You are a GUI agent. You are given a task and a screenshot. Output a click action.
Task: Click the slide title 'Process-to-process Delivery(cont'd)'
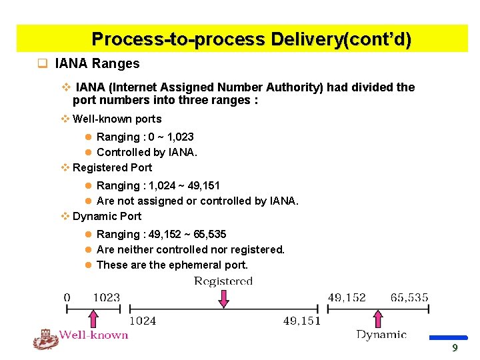[251, 39]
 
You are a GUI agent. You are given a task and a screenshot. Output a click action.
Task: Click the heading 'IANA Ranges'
[97, 64]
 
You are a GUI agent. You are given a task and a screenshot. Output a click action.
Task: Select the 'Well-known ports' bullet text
[117, 119]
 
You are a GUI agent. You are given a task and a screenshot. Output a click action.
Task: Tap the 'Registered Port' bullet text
[112, 168]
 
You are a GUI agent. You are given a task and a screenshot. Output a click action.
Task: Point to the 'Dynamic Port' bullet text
[107, 217]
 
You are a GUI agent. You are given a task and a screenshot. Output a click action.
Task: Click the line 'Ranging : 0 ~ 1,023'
[145, 137]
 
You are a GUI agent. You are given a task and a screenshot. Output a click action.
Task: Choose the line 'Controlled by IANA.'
[147, 153]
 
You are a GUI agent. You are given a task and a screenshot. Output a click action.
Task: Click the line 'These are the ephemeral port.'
[172, 265]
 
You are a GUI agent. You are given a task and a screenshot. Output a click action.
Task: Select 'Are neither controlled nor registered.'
[190, 250]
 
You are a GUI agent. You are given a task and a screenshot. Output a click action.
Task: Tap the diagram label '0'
[67, 297]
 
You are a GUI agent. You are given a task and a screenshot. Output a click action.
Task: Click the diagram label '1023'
[107, 297]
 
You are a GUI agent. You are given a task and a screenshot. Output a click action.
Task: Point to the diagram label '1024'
[143, 321]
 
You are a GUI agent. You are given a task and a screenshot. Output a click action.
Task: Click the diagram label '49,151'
[302, 321]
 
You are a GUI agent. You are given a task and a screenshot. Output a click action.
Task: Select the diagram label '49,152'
[347, 297]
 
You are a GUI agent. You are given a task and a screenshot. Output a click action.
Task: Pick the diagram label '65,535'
[409, 297]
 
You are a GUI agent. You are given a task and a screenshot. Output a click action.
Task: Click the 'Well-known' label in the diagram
[93, 335]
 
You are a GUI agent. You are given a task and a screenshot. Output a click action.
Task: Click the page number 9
[455, 348]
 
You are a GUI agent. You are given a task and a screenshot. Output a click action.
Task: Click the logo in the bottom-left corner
[45, 339]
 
